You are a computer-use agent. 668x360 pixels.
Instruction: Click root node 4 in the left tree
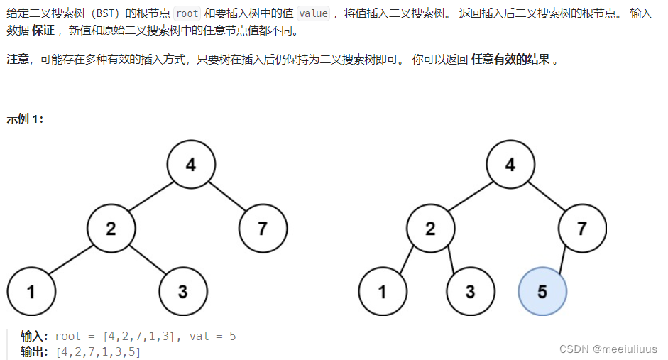(x=191, y=165)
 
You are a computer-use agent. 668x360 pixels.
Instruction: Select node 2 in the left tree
(x=111, y=228)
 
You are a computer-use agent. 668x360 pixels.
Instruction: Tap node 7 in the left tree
(x=263, y=228)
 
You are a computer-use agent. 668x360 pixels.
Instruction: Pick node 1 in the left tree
(x=31, y=291)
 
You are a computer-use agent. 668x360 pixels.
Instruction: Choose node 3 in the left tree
(x=183, y=291)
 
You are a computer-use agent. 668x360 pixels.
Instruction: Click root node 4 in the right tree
(x=510, y=165)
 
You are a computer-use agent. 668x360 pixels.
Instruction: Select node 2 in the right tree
(x=431, y=228)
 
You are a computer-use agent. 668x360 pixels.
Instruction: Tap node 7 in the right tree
(x=582, y=228)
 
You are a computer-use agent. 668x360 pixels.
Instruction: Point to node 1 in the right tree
(x=383, y=291)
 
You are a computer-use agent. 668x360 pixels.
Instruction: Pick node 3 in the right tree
(x=471, y=291)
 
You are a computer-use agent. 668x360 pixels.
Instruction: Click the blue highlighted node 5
(x=542, y=291)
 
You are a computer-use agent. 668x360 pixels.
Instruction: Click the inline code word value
(x=313, y=14)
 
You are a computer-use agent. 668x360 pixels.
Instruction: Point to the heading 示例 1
(x=26, y=119)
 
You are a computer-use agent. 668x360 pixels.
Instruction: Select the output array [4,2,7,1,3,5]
(x=98, y=351)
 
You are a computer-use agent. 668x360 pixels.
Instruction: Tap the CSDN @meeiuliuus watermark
(x=608, y=349)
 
